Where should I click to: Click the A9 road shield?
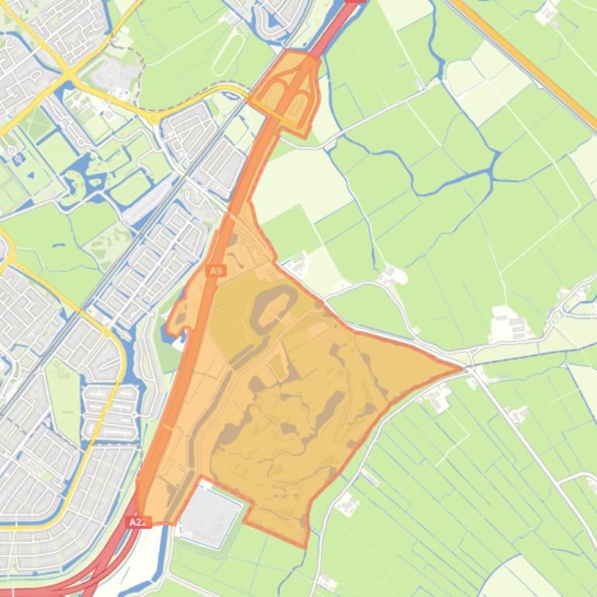[216, 271]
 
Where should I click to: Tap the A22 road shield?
[137, 522]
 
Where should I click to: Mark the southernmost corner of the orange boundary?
[304, 545]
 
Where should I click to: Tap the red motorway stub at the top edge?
[353, 4]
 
